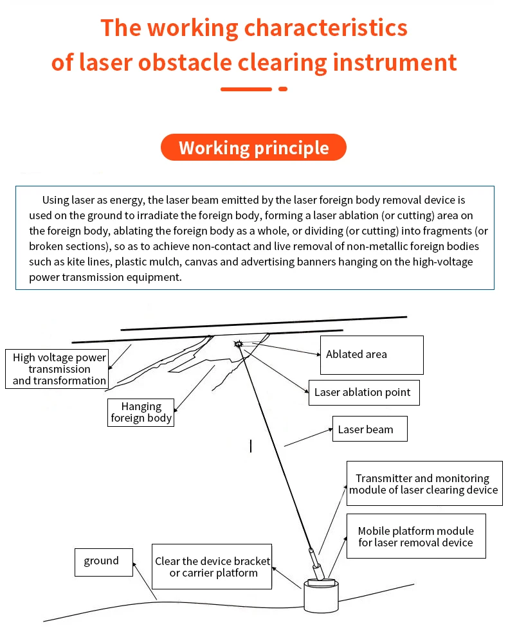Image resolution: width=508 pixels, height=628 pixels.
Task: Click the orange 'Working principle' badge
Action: pyautogui.click(x=253, y=148)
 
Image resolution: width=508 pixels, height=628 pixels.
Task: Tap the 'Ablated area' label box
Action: pyautogui.click(x=372, y=354)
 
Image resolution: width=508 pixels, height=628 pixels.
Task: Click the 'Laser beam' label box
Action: pyautogui.click(x=369, y=429)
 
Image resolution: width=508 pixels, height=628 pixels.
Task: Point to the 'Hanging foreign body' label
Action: pyautogui.click(x=141, y=412)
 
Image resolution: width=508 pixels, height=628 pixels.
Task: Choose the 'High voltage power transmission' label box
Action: pyautogui.click(x=56, y=369)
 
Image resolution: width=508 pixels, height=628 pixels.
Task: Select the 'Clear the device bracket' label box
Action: pyautogui.click(x=212, y=566)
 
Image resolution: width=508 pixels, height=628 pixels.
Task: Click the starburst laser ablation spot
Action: pyautogui.click(x=239, y=345)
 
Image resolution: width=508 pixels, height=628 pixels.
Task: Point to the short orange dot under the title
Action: pyautogui.click(x=282, y=89)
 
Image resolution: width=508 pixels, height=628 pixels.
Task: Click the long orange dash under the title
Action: pyautogui.click(x=246, y=89)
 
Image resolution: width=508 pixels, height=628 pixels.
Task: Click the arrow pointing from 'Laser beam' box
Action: pyautogui.click(x=307, y=437)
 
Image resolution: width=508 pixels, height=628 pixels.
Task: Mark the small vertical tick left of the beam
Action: pyautogui.click(x=251, y=445)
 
